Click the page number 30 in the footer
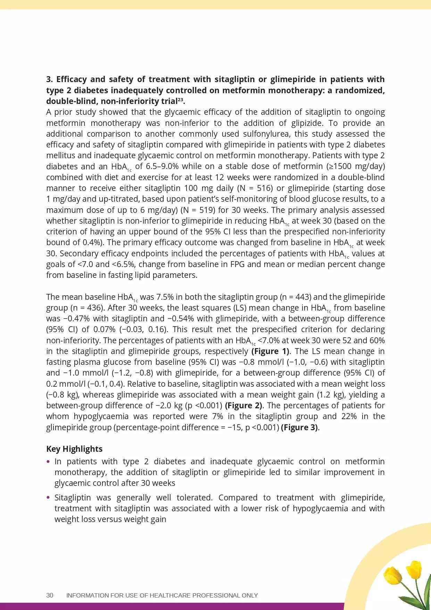[50, 595]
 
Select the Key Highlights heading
[74, 449]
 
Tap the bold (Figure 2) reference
[244, 405]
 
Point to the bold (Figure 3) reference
[299, 427]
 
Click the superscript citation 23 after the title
[181, 100]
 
